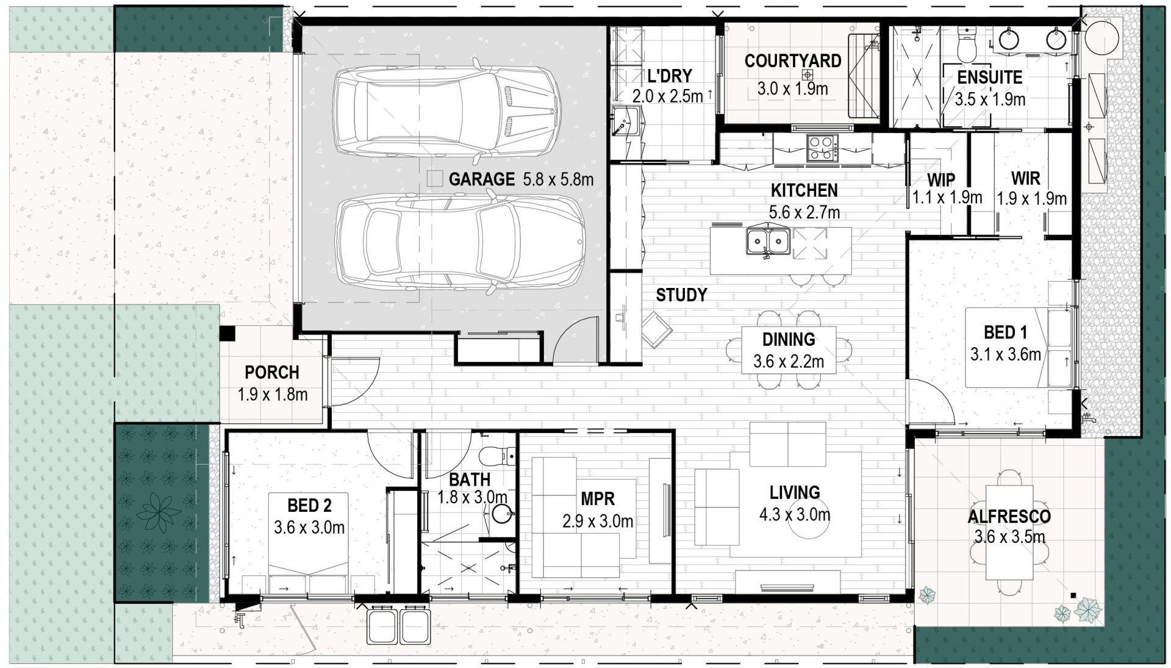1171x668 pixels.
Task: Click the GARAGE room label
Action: (x=482, y=179)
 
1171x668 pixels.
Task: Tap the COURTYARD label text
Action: (x=792, y=61)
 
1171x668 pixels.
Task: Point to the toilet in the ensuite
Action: (x=967, y=42)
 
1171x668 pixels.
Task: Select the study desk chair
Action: (x=656, y=329)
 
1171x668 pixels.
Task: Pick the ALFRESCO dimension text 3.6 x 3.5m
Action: (x=1009, y=537)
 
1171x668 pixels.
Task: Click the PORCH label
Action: (x=272, y=373)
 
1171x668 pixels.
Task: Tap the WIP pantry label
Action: (x=941, y=181)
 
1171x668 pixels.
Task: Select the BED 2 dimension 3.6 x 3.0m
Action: (x=309, y=528)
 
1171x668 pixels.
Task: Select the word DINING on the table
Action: (x=789, y=339)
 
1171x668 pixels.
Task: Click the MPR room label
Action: (x=598, y=499)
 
